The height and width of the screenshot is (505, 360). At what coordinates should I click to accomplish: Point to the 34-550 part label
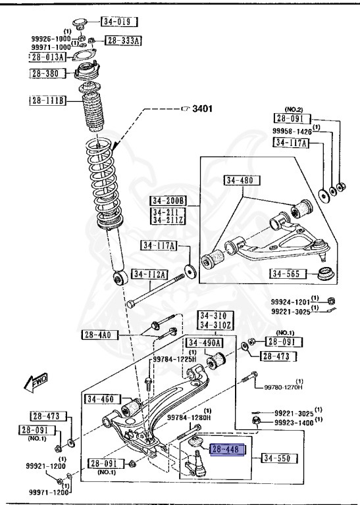(276, 458)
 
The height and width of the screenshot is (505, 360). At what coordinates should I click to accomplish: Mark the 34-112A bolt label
(149, 274)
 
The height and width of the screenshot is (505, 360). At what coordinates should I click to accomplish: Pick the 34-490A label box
(204, 343)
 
